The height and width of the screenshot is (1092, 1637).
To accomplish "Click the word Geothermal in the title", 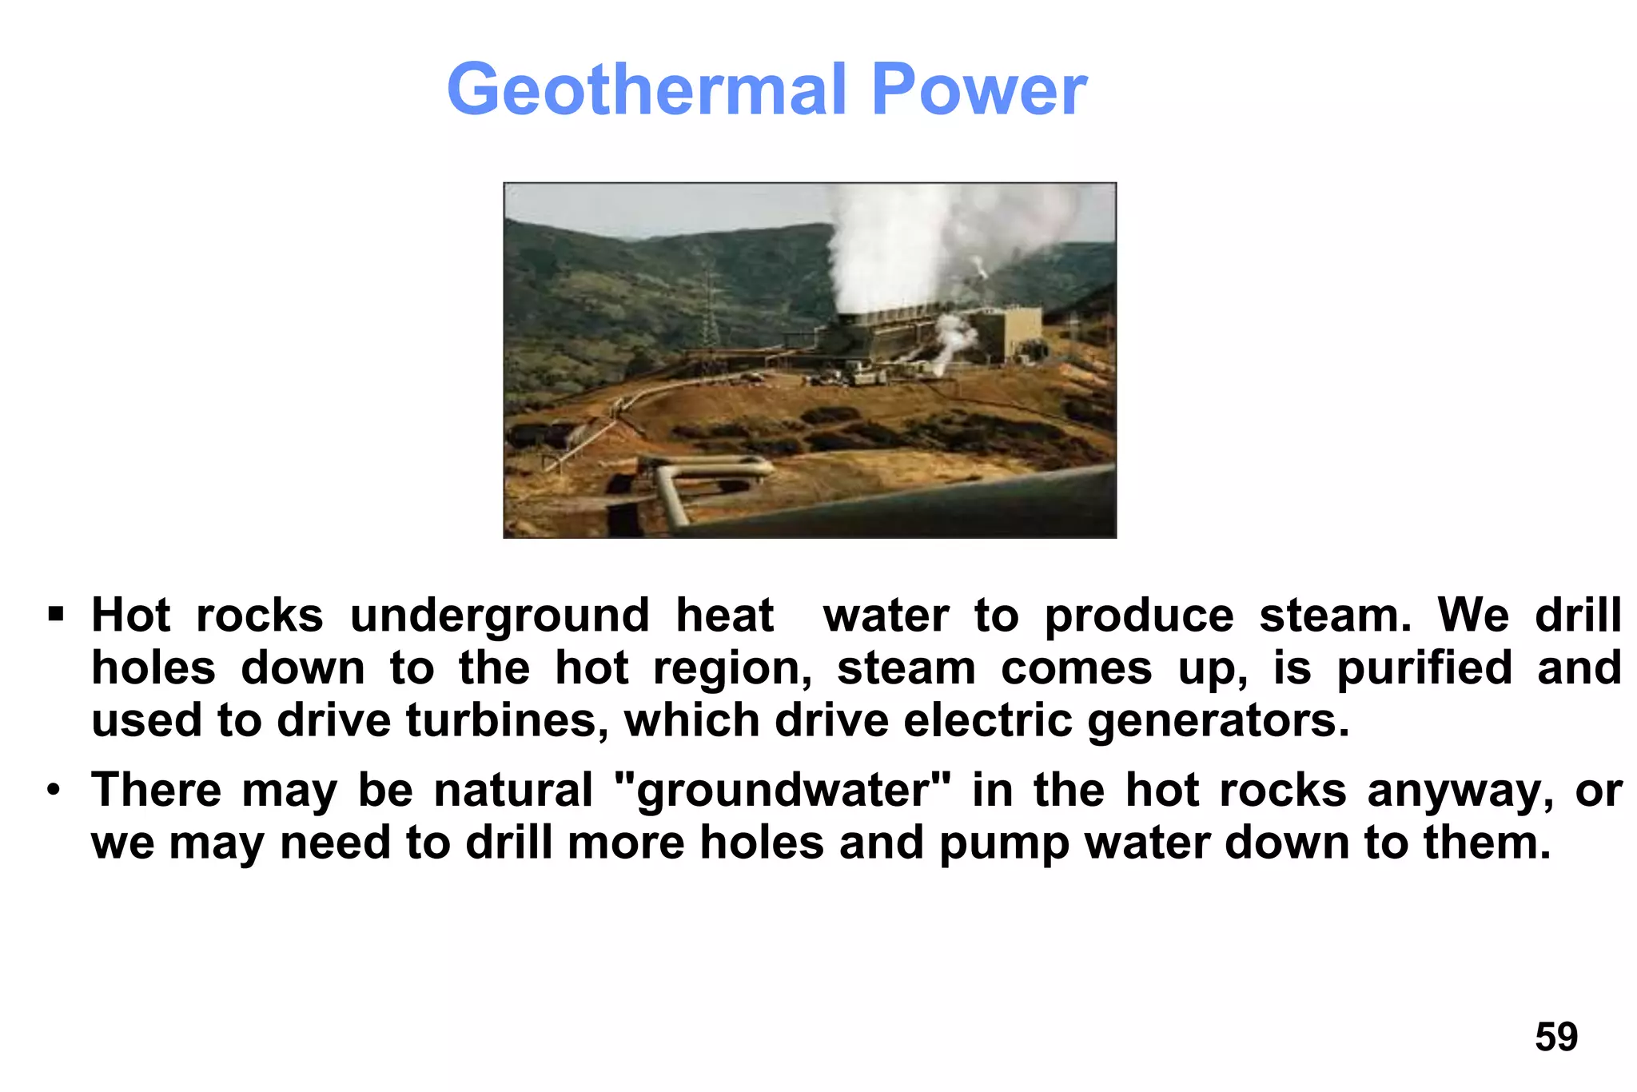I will (646, 90).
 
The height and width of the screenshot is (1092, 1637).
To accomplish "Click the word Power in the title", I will (978, 90).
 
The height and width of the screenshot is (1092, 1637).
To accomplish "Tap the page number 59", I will (1555, 1037).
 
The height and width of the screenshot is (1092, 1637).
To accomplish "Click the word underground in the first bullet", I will (500, 616).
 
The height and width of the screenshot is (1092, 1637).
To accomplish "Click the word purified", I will (1424, 668).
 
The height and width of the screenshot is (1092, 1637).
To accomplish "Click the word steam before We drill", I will (1336, 616).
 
